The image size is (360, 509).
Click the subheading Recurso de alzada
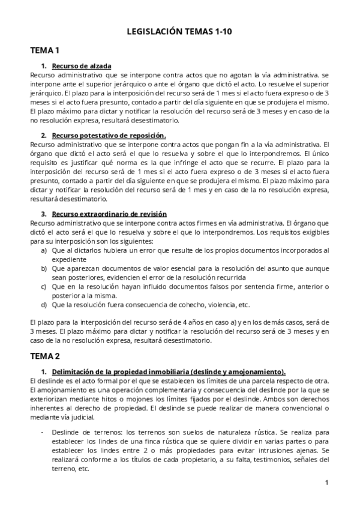coord(82,66)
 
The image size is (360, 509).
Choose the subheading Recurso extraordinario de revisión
coord(109,214)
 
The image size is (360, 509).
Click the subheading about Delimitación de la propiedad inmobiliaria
coord(169,372)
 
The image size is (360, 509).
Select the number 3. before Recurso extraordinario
coord(44,214)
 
